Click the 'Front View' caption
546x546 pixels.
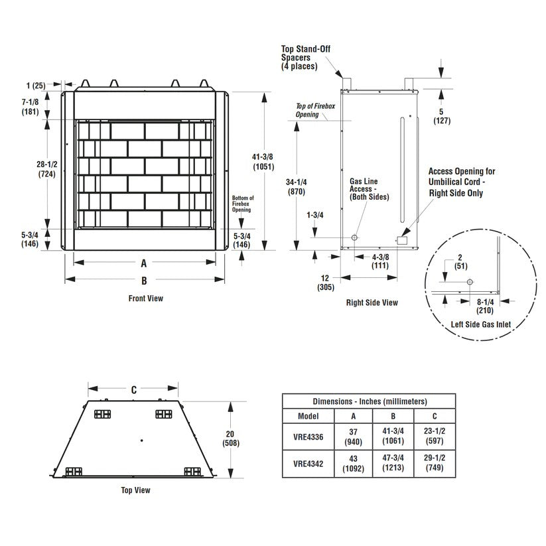click(x=145, y=299)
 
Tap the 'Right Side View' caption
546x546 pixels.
click(x=372, y=303)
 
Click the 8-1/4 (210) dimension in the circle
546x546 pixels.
click(x=485, y=305)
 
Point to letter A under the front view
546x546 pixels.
click(x=143, y=263)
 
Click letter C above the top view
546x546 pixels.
click(x=133, y=389)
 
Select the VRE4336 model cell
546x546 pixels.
click(x=308, y=437)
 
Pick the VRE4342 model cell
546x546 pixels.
click(x=308, y=464)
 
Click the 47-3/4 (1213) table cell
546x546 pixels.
click(x=393, y=464)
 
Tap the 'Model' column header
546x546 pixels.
click(x=308, y=416)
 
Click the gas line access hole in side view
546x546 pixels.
click(x=355, y=238)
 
